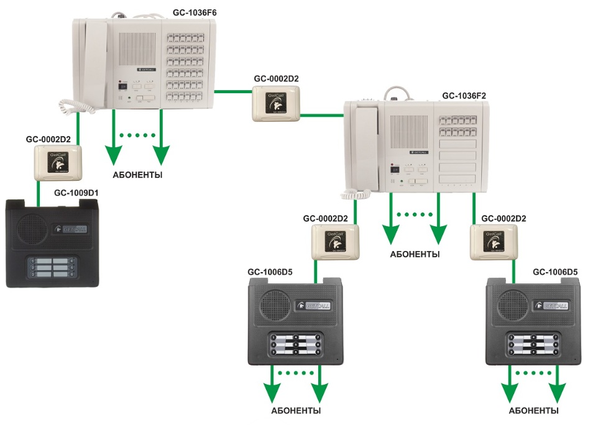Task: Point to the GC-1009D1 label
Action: coord(79,193)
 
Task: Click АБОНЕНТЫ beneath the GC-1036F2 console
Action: coord(415,254)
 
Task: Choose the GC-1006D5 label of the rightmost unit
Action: coord(555,272)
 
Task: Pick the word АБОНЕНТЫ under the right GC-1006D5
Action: coord(533,411)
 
